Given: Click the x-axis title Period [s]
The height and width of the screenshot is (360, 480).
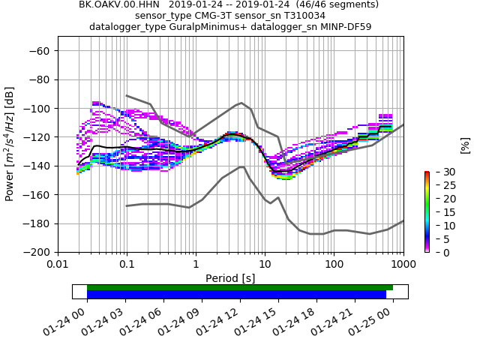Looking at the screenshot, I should pyautogui.click(x=230, y=278).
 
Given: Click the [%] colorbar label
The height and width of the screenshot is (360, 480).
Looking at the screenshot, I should pyautogui.click(x=465, y=145).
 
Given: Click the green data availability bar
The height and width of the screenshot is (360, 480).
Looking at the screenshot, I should pyautogui.click(x=240, y=287).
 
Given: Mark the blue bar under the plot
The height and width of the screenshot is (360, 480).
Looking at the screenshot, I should pyautogui.click(x=236, y=295).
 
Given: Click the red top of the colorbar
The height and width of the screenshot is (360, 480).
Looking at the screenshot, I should pyautogui.click(x=427, y=173).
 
